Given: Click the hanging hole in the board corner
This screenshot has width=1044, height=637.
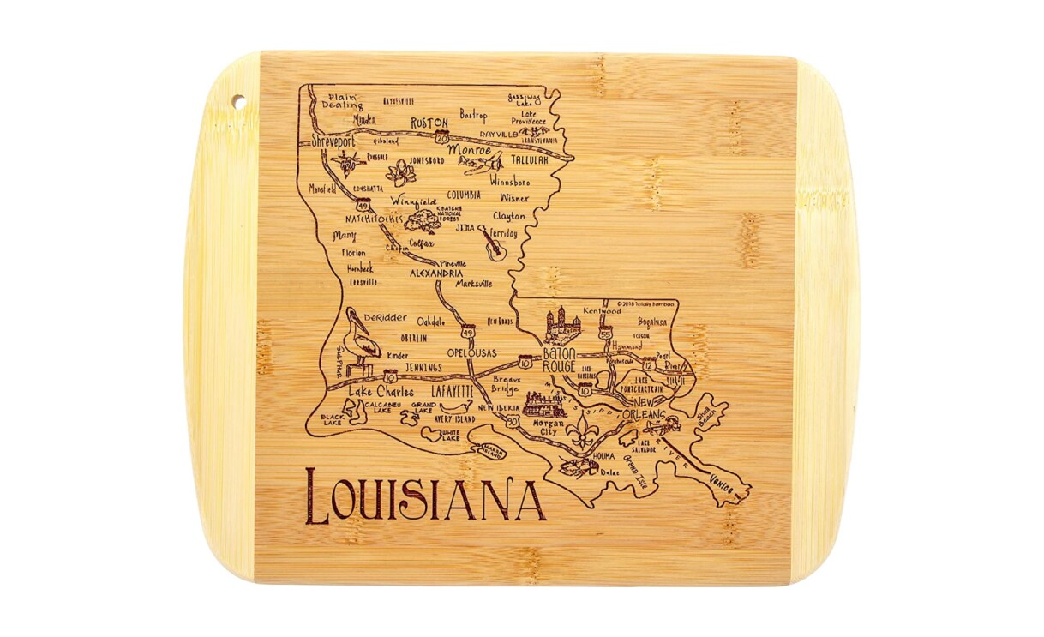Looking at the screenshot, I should click(238, 103).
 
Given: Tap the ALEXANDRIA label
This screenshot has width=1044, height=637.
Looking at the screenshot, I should click(436, 274).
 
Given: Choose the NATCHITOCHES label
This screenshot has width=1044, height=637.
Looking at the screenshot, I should click(373, 219).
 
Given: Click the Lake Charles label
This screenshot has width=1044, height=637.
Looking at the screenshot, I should click(381, 392).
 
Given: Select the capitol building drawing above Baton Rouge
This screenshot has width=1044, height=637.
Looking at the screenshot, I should click(562, 325).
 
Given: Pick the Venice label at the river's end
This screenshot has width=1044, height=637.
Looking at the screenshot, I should click(722, 485).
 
